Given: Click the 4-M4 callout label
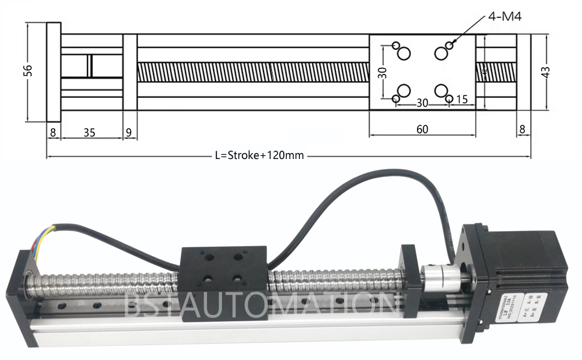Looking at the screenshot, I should coord(505,16).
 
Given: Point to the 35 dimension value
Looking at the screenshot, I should coord(89,133).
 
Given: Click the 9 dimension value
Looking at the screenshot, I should coord(130,133).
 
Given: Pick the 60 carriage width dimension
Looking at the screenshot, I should coord(422,129).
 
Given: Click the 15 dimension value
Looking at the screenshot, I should coord(462,100).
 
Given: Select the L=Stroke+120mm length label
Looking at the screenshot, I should coord(259,155).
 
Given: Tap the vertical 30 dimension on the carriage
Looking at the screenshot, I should coord(382,73).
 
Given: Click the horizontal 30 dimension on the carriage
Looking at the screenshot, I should coord(422,103).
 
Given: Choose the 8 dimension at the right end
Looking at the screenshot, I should coord(522,129).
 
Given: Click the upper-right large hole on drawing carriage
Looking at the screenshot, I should coord(442,54).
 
